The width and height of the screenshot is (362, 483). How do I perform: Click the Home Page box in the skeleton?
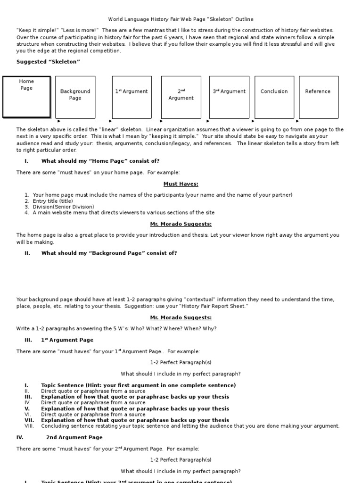coord(26,96)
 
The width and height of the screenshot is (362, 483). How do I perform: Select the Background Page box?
coord(75,97)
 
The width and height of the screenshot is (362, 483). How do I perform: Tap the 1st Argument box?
coord(132,97)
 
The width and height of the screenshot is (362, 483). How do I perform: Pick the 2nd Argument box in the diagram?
coord(181,97)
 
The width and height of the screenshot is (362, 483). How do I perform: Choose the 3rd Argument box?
coord(229,97)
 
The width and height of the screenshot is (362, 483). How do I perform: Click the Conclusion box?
coord(274,97)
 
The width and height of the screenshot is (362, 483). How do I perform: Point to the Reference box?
coord(318,97)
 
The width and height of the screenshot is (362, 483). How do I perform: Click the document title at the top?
coord(181,19)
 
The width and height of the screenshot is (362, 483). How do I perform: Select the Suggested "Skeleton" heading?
coord(49,62)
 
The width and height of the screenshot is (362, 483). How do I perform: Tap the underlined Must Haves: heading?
coord(181,184)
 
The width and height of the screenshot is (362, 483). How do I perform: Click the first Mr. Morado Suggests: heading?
coord(181,224)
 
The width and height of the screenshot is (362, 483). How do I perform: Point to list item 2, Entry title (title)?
coord(53,201)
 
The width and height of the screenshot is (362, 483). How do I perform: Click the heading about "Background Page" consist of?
coord(109,253)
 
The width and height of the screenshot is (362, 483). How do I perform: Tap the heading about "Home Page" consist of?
coord(100,161)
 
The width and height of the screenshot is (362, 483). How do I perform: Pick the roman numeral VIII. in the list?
coord(29,426)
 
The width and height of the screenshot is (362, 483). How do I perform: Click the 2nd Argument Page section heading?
coord(74,437)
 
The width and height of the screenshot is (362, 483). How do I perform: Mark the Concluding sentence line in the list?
coord(190,426)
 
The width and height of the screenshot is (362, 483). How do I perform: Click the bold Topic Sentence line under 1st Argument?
coord(138,385)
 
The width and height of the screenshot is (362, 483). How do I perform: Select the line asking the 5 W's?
coord(116,328)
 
